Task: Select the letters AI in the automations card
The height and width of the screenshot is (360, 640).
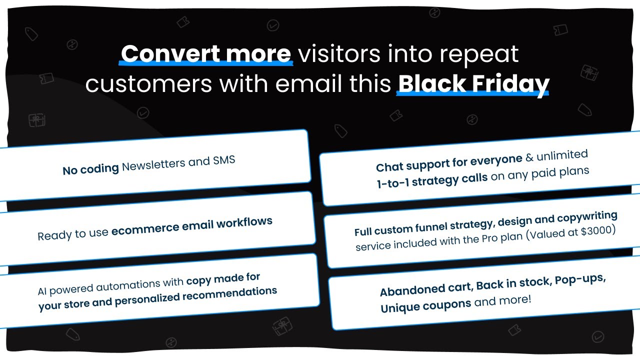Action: click(x=42, y=291)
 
